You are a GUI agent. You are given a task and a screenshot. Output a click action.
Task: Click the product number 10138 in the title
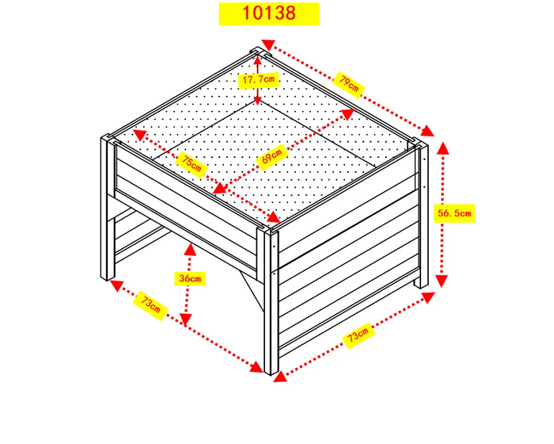(269, 13)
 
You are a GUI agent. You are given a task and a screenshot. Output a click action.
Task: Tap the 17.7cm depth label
(259, 79)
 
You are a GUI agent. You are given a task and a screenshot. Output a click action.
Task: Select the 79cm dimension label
(348, 82)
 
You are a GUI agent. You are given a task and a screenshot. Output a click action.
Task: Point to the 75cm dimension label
(191, 164)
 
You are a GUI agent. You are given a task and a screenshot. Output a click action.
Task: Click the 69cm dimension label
(272, 155)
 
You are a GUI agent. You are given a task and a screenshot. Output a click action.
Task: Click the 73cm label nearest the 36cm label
(151, 306)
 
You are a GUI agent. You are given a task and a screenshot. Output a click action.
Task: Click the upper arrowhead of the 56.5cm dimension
(442, 148)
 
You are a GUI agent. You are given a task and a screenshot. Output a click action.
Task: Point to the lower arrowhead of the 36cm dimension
(186, 320)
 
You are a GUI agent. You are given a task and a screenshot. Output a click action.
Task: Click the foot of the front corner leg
(271, 371)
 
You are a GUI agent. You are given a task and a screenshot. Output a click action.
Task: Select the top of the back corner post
(259, 53)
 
